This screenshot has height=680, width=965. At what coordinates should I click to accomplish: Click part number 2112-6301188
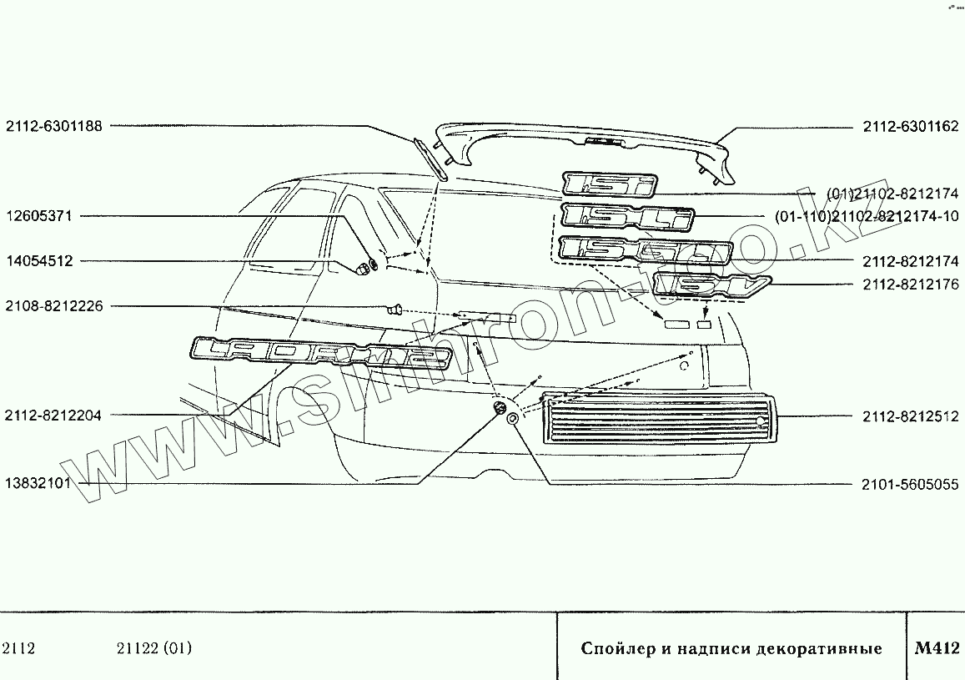click(x=54, y=126)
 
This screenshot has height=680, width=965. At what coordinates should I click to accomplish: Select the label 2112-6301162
click(x=911, y=127)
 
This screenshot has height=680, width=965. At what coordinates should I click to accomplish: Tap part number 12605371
click(x=39, y=216)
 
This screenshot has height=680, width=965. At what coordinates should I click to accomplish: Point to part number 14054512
click(x=39, y=261)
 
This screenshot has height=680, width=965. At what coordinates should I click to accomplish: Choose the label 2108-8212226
click(x=54, y=306)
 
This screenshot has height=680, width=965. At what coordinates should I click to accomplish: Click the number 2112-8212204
click(x=54, y=415)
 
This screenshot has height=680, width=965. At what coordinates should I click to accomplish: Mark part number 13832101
click(x=39, y=483)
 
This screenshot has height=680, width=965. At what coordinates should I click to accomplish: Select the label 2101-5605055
click(x=911, y=484)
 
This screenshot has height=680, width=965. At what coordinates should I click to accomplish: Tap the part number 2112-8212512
click(x=911, y=415)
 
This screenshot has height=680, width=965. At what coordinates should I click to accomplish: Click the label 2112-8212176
click(x=911, y=285)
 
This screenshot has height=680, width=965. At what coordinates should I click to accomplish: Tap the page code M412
click(x=937, y=647)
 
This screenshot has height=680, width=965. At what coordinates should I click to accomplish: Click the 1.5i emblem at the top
click(x=610, y=184)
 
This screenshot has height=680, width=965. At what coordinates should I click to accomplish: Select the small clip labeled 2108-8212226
click(x=396, y=310)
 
